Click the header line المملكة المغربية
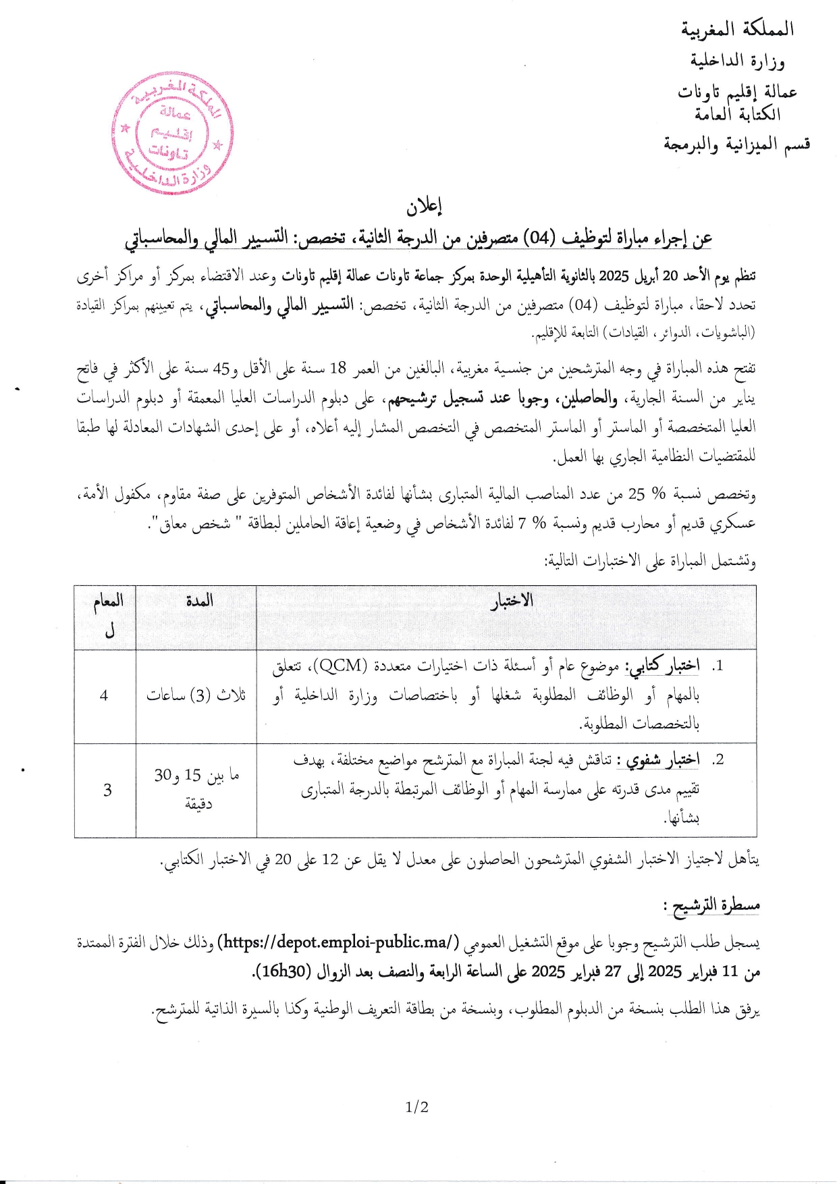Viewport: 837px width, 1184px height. pos(737,29)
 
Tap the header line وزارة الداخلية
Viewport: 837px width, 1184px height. pos(737,61)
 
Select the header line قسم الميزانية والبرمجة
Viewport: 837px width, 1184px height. pos(736,144)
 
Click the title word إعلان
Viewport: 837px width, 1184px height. pos(425,207)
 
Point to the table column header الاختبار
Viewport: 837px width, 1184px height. pos(512,601)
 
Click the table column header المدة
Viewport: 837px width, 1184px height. pos(199,600)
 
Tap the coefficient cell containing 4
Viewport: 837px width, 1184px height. pos(104,695)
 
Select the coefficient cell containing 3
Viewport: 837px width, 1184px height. pos(107,790)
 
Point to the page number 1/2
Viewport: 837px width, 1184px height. pos(417,1108)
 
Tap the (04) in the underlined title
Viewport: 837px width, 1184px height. pos(541,238)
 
